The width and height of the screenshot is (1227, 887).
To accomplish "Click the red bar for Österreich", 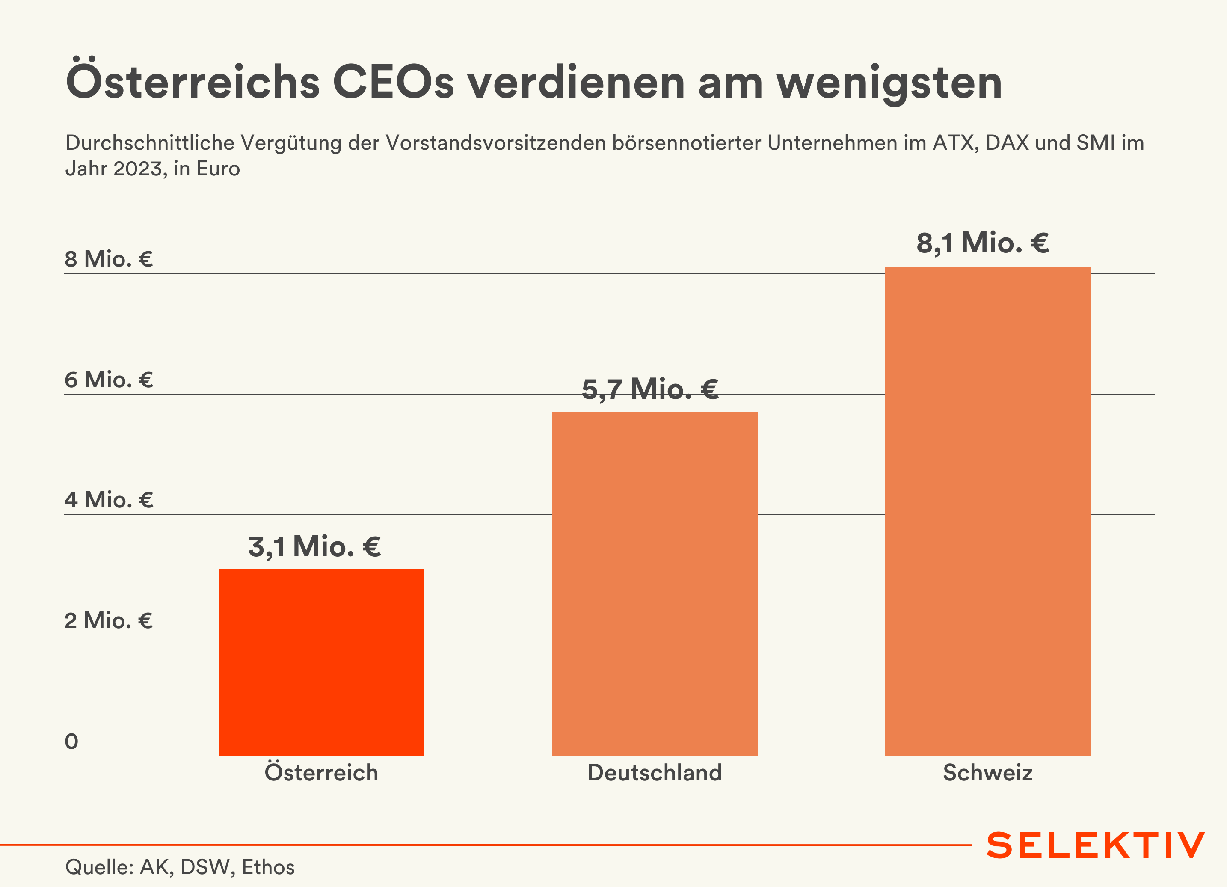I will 321,662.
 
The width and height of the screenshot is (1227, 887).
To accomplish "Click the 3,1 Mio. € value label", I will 314,546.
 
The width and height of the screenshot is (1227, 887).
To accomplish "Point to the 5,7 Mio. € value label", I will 650,389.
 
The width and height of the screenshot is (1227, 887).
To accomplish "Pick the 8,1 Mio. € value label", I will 982,243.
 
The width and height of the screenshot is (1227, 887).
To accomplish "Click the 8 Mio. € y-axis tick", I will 109,259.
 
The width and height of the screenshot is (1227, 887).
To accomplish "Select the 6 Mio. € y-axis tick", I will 109,380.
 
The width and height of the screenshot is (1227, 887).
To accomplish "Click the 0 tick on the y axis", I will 71,741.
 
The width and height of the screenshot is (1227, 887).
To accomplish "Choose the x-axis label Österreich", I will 321,772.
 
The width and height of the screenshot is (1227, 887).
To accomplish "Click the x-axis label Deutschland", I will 655,773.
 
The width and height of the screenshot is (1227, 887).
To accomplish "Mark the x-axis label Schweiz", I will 988,773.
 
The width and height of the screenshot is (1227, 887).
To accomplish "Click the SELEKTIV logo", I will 1096,845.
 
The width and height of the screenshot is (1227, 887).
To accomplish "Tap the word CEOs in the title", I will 393,82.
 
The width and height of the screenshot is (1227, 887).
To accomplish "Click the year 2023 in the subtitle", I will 138,169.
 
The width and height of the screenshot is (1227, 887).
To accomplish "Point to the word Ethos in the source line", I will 268,867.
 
